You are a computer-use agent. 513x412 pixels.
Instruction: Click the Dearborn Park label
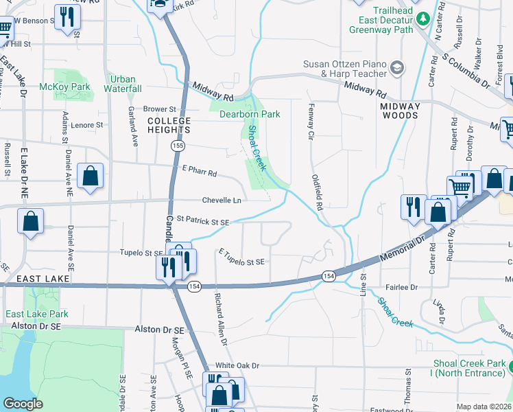[250, 114]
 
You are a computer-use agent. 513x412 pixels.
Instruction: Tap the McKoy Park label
[65, 87]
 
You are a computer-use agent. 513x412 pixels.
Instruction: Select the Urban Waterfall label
[123, 84]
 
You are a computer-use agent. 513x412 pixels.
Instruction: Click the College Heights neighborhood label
[169, 125]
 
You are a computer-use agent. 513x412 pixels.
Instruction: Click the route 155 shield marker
[178, 146]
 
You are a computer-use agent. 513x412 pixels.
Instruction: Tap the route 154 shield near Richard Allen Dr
[194, 286]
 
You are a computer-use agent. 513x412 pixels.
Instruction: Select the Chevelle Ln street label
[222, 201]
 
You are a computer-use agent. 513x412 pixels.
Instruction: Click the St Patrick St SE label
[202, 222]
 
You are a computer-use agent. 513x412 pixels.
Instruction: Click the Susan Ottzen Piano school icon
[397, 67]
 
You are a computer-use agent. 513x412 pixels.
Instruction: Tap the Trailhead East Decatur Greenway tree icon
[424, 16]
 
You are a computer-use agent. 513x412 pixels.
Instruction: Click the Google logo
[23, 404]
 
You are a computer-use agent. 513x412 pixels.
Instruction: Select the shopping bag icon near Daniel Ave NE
[91, 176]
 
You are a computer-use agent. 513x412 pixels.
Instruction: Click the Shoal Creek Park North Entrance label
[468, 368]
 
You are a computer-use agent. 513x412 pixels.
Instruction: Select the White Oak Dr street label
[237, 365]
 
